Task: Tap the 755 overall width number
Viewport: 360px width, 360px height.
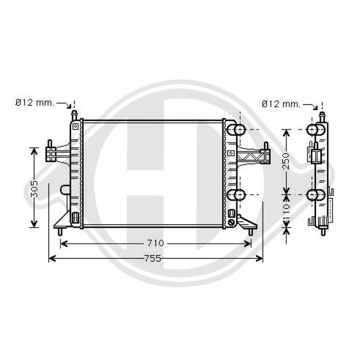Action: [x=153, y=258]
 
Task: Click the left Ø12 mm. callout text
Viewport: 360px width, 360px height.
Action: [x=35, y=103]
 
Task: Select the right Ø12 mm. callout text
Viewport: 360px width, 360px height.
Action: [x=281, y=104]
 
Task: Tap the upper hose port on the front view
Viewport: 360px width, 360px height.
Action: [x=237, y=130]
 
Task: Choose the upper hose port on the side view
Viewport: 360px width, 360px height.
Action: [x=316, y=130]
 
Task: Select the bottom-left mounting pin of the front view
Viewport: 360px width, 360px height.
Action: [x=60, y=232]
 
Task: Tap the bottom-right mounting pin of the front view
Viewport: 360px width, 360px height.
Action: [x=251, y=232]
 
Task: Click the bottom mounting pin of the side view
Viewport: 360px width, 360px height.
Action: [x=324, y=232]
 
